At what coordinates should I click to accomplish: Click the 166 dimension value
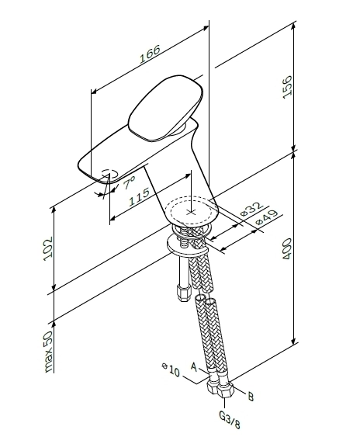click(x=150, y=54)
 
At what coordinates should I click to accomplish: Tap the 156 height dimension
click(x=287, y=87)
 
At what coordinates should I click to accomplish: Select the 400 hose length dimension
click(x=287, y=248)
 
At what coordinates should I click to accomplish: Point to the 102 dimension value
click(x=48, y=249)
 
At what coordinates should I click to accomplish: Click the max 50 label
click(x=48, y=351)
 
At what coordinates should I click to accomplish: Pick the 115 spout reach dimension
click(x=139, y=197)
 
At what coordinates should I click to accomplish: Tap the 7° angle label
click(x=130, y=182)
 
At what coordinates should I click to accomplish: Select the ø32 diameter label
click(x=251, y=209)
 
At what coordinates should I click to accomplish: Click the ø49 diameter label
click(x=267, y=217)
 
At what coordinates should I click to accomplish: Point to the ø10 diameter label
click(x=171, y=369)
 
